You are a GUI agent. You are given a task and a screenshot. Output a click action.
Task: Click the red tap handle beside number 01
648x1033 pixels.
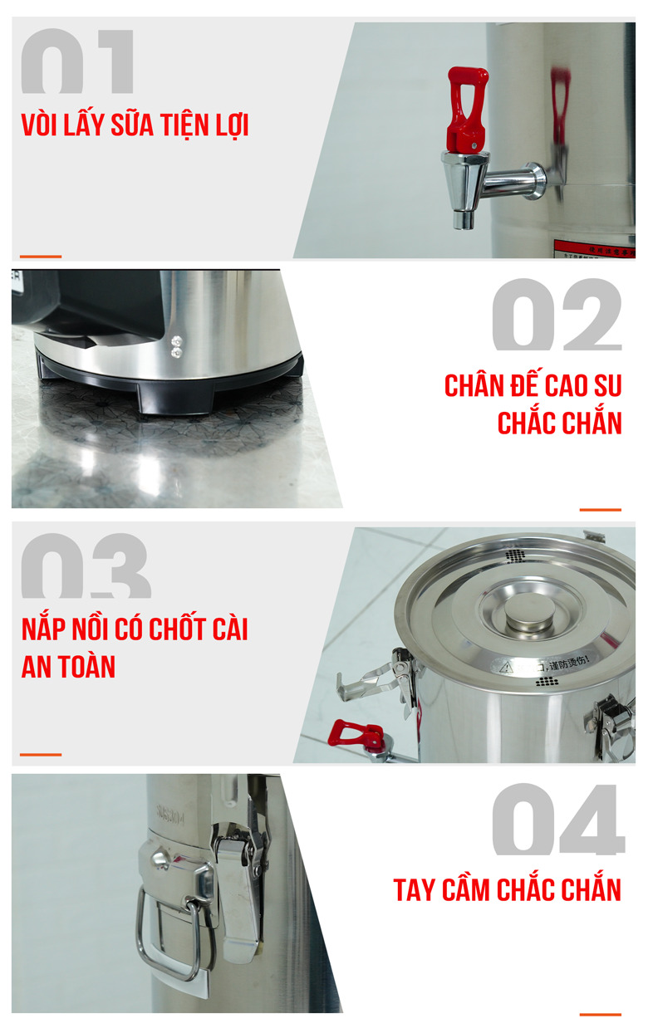click(467, 108)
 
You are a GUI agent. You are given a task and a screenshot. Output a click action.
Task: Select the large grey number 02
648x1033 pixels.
click(556, 315)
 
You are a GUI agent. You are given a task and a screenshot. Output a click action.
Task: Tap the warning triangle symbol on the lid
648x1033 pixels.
click(507, 666)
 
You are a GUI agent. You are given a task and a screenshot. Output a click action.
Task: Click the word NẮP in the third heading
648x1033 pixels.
click(42, 629)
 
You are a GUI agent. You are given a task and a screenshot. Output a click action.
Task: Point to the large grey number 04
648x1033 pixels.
click(557, 820)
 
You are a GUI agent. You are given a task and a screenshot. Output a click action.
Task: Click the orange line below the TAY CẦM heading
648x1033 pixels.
click(600, 1015)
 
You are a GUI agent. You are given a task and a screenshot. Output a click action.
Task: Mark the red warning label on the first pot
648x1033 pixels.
click(593, 247)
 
